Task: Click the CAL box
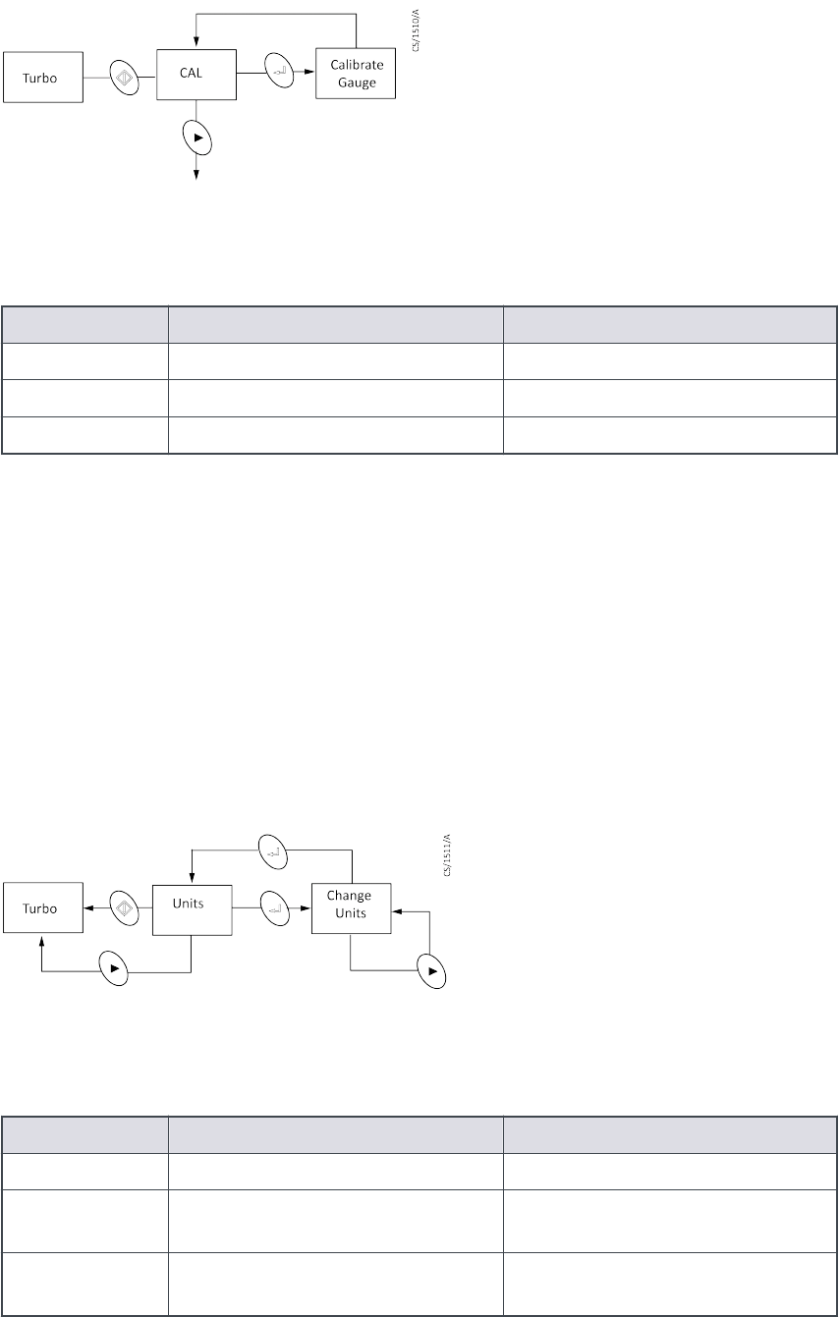pyautogui.click(x=196, y=75)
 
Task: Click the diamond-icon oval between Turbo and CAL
pyautogui.click(x=125, y=77)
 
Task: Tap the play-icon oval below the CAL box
pyautogui.click(x=197, y=138)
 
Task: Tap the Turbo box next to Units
pyautogui.click(x=41, y=908)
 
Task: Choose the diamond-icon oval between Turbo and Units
pyautogui.click(x=121, y=908)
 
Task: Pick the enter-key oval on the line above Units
pyautogui.click(x=272, y=851)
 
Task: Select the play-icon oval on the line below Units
pyautogui.click(x=116, y=969)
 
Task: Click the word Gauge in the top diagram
pyautogui.click(x=356, y=83)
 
